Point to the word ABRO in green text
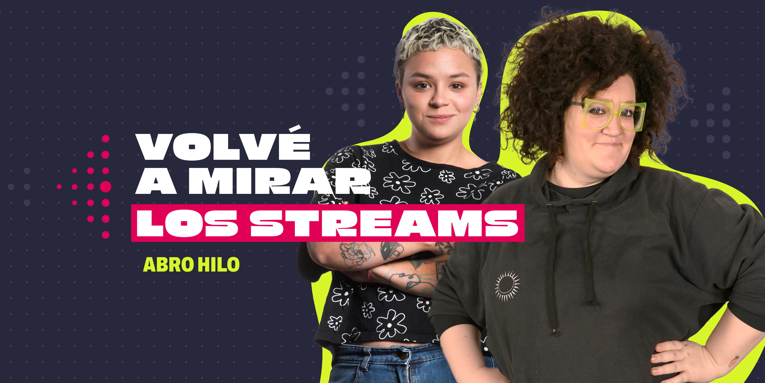coord(168,264)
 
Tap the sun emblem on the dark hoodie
coord(507,286)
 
